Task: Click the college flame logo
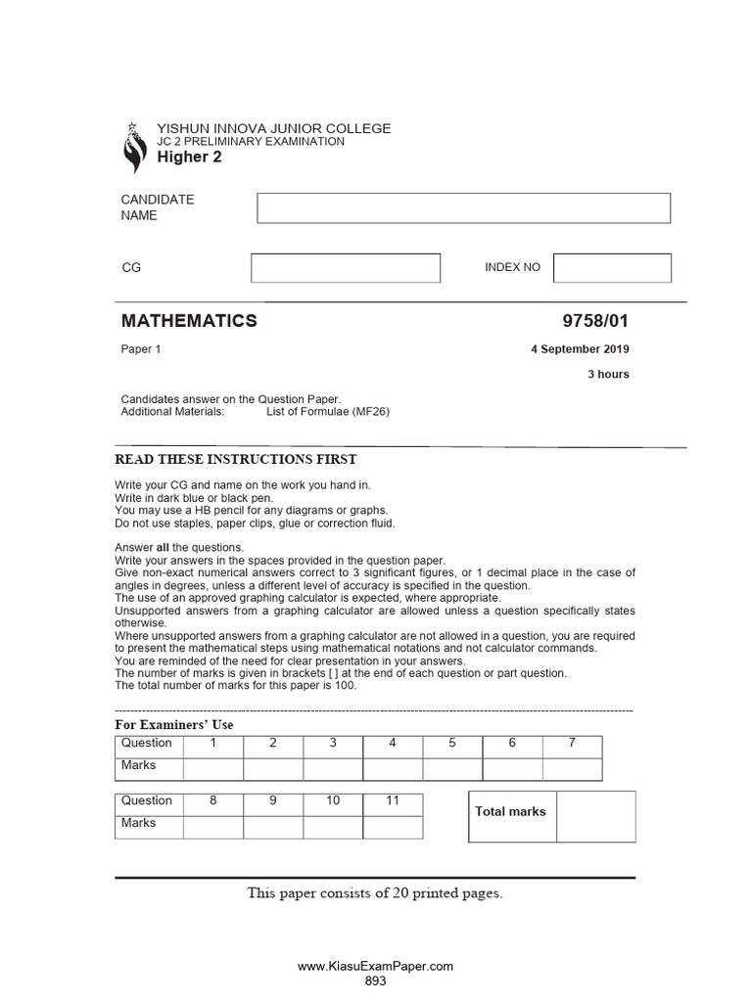tap(132, 148)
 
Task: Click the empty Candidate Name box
tap(463, 208)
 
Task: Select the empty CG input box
tap(346, 268)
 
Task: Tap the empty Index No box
tap(612, 268)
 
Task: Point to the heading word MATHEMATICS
tap(189, 321)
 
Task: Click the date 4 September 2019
tap(581, 349)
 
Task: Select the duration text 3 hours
tap(608, 374)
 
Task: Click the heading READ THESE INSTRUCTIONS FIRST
tap(236, 460)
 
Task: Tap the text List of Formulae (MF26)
tap(328, 412)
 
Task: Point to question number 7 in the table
tap(572, 744)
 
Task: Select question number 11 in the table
tap(393, 801)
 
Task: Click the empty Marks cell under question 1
tap(213, 768)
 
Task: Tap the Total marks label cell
tap(512, 812)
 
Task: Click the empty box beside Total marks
tap(595, 816)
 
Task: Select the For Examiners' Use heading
tap(174, 725)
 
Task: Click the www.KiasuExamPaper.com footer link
tap(375, 966)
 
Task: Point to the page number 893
tap(375, 980)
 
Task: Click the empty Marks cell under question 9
tap(273, 827)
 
